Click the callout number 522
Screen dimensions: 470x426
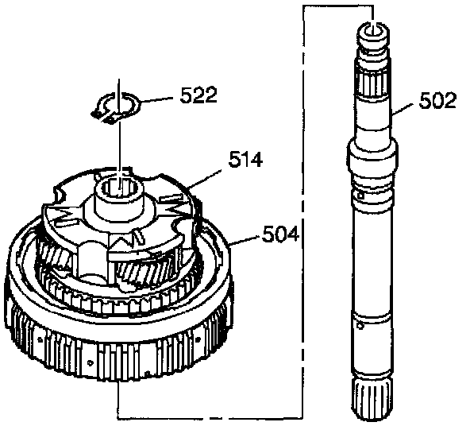tap(198, 95)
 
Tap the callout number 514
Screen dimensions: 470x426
tap(245, 159)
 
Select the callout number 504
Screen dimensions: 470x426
tap(280, 234)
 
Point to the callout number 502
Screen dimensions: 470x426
tap(437, 100)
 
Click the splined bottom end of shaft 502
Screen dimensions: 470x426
tap(372, 398)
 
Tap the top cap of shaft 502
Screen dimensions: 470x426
tap(373, 33)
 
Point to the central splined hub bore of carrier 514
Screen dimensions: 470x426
tap(119, 188)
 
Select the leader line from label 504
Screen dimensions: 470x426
tap(244, 240)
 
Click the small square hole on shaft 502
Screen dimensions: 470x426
tap(361, 196)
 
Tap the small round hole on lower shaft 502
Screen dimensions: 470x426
tap(360, 326)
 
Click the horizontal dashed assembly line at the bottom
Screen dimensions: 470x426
tap(210, 417)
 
